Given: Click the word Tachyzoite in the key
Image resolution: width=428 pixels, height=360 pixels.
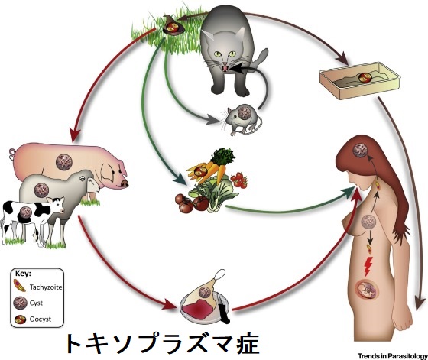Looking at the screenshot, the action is (x=46, y=287).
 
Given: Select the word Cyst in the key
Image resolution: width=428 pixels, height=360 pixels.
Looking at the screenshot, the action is (x=36, y=303).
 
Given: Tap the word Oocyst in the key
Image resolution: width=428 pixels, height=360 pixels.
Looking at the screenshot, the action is (x=41, y=319).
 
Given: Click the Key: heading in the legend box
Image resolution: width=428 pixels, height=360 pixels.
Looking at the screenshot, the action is (x=23, y=274).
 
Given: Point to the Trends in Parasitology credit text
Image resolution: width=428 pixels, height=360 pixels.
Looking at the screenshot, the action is (x=393, y=356).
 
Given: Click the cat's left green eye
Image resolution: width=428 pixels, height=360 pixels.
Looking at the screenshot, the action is (x=217, y=54).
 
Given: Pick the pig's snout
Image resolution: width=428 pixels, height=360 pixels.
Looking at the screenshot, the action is (x=124, y=183).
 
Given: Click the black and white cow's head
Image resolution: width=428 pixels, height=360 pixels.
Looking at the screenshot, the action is (x=57, y=205).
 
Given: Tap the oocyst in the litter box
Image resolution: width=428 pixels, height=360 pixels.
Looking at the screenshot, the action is (x=365, y=77).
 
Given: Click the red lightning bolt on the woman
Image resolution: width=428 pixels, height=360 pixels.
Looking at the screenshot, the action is (x=368, y=267).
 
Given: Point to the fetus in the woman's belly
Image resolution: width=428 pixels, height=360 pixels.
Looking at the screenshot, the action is (x=368, y=290).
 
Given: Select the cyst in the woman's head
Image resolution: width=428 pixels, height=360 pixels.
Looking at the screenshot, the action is (x=361, y=150).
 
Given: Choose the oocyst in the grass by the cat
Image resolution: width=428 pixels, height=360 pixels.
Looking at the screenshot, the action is (x=173, y=27).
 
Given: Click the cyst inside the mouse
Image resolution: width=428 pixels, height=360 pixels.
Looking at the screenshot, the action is (x=245, y=112).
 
